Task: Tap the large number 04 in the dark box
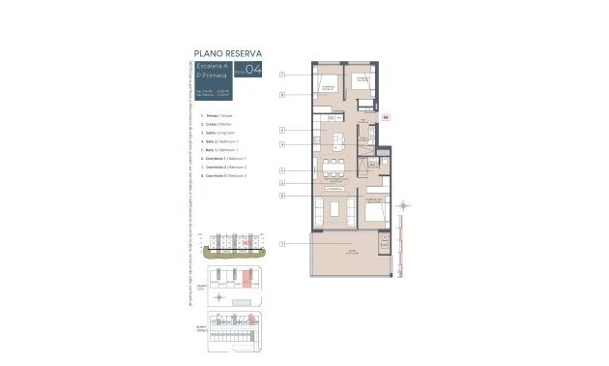pos(253,69)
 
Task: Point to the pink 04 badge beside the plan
pos(385,117)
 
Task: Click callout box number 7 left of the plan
pos(281,75)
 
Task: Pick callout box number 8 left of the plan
pos(281,95)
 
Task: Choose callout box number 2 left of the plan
pos(281,129)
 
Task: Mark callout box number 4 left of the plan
pos(281,144)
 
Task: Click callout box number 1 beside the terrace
pos(281,244)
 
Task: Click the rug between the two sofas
pos(336,209)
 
